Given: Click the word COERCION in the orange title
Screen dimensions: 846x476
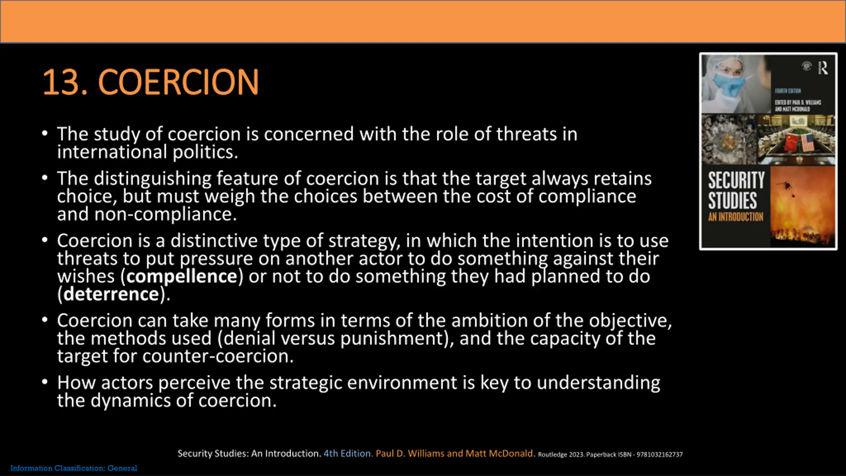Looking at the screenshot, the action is click(x=178, y=82).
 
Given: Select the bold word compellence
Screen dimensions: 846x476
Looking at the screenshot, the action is click(x=182, y=276).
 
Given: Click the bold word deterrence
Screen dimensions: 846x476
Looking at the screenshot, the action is click(x=111, y=294).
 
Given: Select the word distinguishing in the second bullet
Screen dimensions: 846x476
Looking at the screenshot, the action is click(x=153, y=179).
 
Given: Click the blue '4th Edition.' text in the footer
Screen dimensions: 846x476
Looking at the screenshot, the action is click(x=348, y=454).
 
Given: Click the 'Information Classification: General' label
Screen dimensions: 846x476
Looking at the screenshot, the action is click(x=74, y=468).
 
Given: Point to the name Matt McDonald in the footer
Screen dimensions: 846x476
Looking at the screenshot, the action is click(x=500, y=454).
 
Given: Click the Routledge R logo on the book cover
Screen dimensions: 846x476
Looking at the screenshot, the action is click(x=823, y=68).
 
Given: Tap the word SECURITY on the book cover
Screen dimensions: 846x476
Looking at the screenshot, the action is click(x=737, y=180).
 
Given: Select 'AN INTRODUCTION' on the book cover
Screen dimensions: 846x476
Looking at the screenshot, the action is click(x=736, y=217).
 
